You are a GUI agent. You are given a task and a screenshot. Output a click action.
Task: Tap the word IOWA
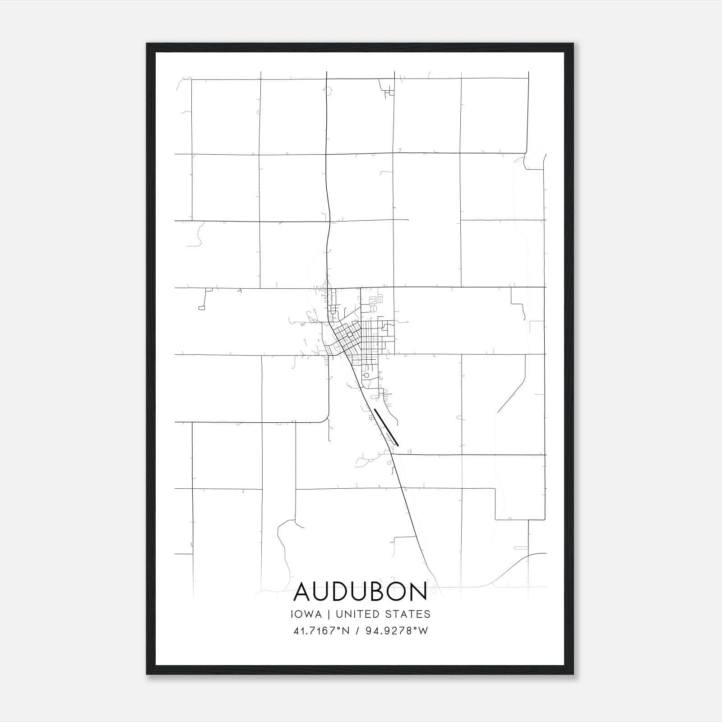306,614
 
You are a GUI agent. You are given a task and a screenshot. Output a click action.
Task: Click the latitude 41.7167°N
321,631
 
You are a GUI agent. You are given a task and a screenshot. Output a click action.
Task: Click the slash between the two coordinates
357,631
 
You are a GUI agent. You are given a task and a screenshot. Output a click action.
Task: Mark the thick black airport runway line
387,427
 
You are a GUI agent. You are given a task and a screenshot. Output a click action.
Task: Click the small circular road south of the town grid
366,375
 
